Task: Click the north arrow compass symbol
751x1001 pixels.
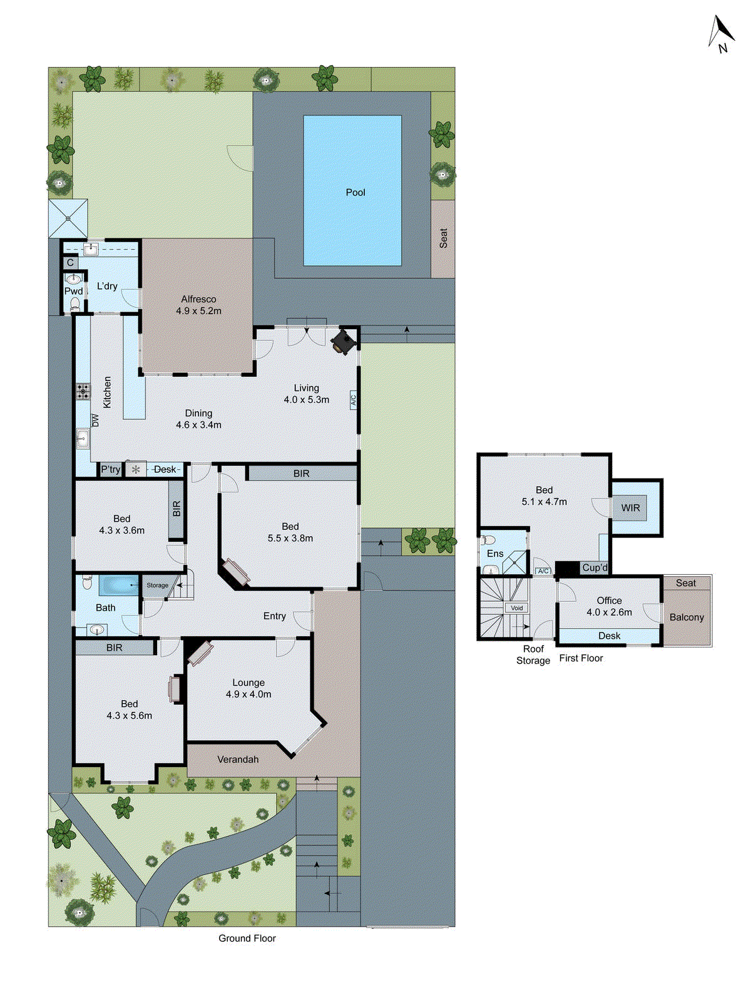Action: pos(722,34)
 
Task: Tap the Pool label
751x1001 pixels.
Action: pos(355,192)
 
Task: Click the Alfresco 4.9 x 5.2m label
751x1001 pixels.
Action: pos(198,305)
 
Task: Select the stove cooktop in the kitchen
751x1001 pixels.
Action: pos(83,392)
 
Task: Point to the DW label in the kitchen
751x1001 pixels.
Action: pos(96,420)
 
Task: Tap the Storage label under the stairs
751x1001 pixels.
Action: pos(157,586)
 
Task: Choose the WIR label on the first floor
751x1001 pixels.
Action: pos(630,508)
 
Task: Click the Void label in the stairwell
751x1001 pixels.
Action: pos(517,607)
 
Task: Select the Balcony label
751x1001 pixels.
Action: pos(687,617)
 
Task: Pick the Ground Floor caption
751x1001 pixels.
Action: pos(247,938)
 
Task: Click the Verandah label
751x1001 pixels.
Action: pos(238,760)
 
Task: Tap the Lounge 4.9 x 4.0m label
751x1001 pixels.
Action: pos(248,688)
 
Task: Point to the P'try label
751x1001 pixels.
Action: pos(111,469)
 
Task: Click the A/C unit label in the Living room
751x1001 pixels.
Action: pos(353,400)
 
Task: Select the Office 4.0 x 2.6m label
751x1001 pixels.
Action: pos(609,606)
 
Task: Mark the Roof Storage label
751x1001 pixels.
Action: pos(533,654)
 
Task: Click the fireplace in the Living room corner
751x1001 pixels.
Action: pos(344,342)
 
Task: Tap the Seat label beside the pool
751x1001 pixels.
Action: pos(443,238)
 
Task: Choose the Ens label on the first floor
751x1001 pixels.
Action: pos(495,554)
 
